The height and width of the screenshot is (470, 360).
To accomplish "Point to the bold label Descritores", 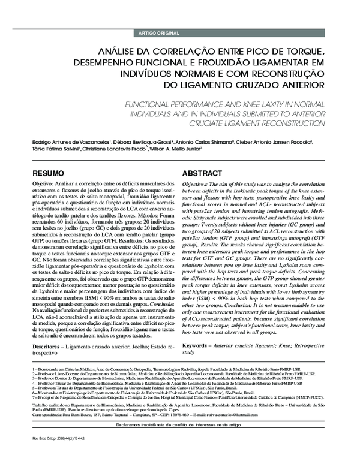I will tap(50, 330).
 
